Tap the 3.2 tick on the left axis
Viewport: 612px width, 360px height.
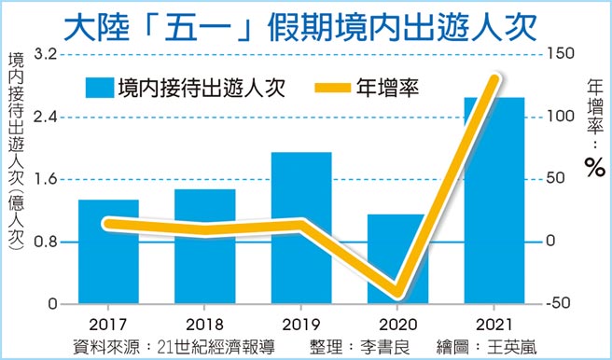click(46, 54)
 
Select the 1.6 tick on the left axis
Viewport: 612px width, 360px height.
click(46, 179)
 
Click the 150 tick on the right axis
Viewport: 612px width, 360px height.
click(559, 54)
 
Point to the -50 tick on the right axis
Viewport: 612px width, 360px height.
click(559, 303)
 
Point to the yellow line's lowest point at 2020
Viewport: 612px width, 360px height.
click(396, 289)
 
